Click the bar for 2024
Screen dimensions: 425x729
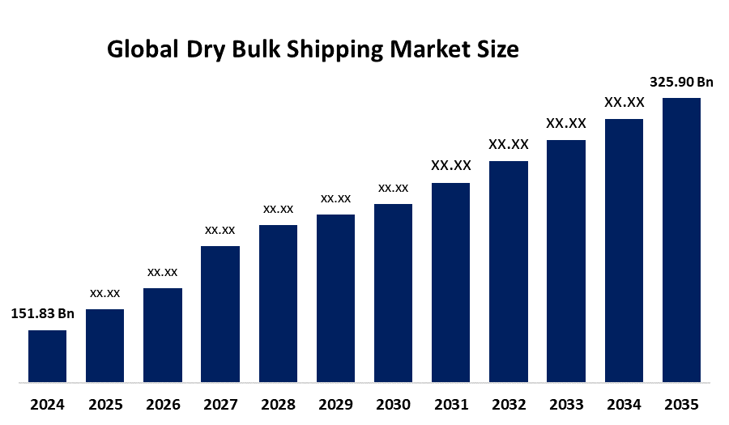click(x=47, y=355)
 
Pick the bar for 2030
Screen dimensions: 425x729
click(x=393, y=292)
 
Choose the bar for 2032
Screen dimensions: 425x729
click(x=509, y=271)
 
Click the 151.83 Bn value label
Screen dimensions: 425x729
click(x=42, y=314)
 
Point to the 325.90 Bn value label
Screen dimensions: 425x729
click(x=681, y=82)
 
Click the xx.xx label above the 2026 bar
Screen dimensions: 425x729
click(x=162, y=272)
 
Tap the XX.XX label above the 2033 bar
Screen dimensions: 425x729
click(x=566, y=123)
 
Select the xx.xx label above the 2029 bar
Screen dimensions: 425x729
click(x=335, y=198)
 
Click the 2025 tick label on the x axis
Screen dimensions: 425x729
click(x=104, y=404)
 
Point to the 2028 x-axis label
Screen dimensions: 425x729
click(x=278, y=404)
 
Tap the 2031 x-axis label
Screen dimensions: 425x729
click(x=451, y=404)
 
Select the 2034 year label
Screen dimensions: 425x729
click(x=624, y=404)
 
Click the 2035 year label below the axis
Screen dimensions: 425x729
click(x=681, y=404)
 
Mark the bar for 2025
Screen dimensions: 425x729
click(x=104, y=345)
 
